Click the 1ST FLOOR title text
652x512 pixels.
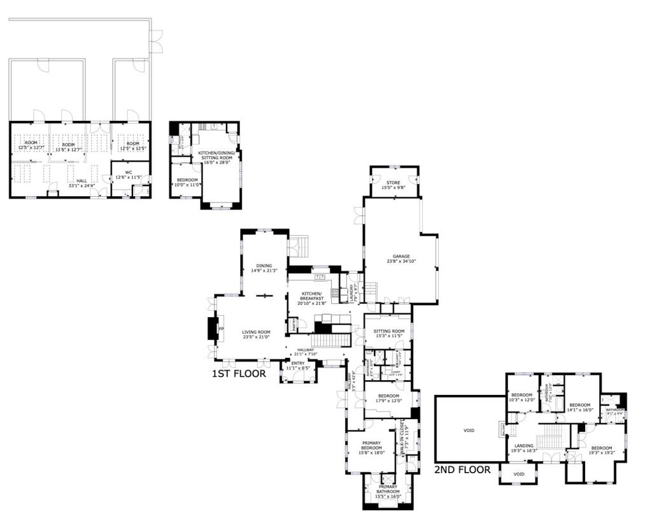pos(239,374)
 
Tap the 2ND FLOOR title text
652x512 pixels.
pos(462,470)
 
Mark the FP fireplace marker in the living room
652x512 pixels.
pos(222,329)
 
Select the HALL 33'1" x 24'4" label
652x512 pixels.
pos(81,183)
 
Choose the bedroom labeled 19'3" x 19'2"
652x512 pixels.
pos(601,450)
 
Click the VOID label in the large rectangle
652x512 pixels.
pos(469,430)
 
